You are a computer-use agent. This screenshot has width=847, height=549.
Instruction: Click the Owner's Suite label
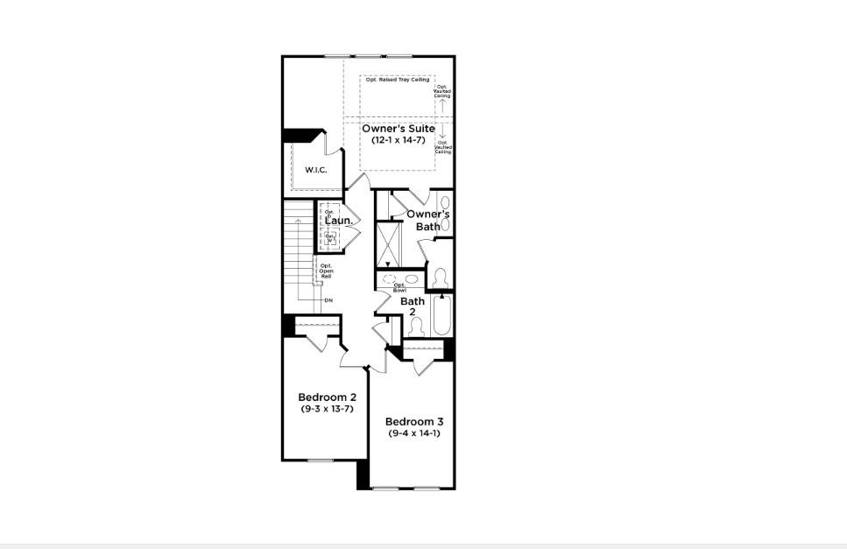pyautogui.click(x=398, y=129)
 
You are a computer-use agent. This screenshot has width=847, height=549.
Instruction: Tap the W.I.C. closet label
pyautogui.click(x=315, y=169)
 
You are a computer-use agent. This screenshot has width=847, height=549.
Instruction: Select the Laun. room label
pyautogui.click(x=339, y=222)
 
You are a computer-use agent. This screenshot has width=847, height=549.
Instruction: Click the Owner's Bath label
pyautogui.click(x=428, y=220)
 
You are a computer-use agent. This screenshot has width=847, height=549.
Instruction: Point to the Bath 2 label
pyautogui.click(x=413, y=306)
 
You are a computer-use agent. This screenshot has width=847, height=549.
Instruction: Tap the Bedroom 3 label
pyautogui.click(x=413, y=421)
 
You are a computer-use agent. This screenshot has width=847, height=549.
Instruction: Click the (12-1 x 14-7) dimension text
pyautogui.click(x=398, y=140)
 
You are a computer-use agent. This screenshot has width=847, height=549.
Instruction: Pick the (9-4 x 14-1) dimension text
pyautogui.click(x=413, y=433)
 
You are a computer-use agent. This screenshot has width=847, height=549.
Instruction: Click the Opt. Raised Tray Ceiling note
pyautogui.click(x=396, y=81)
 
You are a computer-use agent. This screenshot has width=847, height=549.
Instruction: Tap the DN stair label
pyautogui.click(x=328, y=300)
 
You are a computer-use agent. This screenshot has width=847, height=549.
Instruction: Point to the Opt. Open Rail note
pyautogui.click(x=326, y=271)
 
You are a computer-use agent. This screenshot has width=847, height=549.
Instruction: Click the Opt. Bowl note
pyautogui.click(x=399, y=286)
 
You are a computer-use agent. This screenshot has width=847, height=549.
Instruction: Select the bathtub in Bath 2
pyautogui.click(x=441, y=316)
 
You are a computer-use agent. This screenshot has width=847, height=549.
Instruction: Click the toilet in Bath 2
pyautogui.click(x=417, y=326)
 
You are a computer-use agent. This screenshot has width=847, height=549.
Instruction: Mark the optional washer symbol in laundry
pyautogui.click(x=330, y=236)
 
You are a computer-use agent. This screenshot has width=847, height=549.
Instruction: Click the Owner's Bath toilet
pyautogui.click(x=441, y=278)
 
